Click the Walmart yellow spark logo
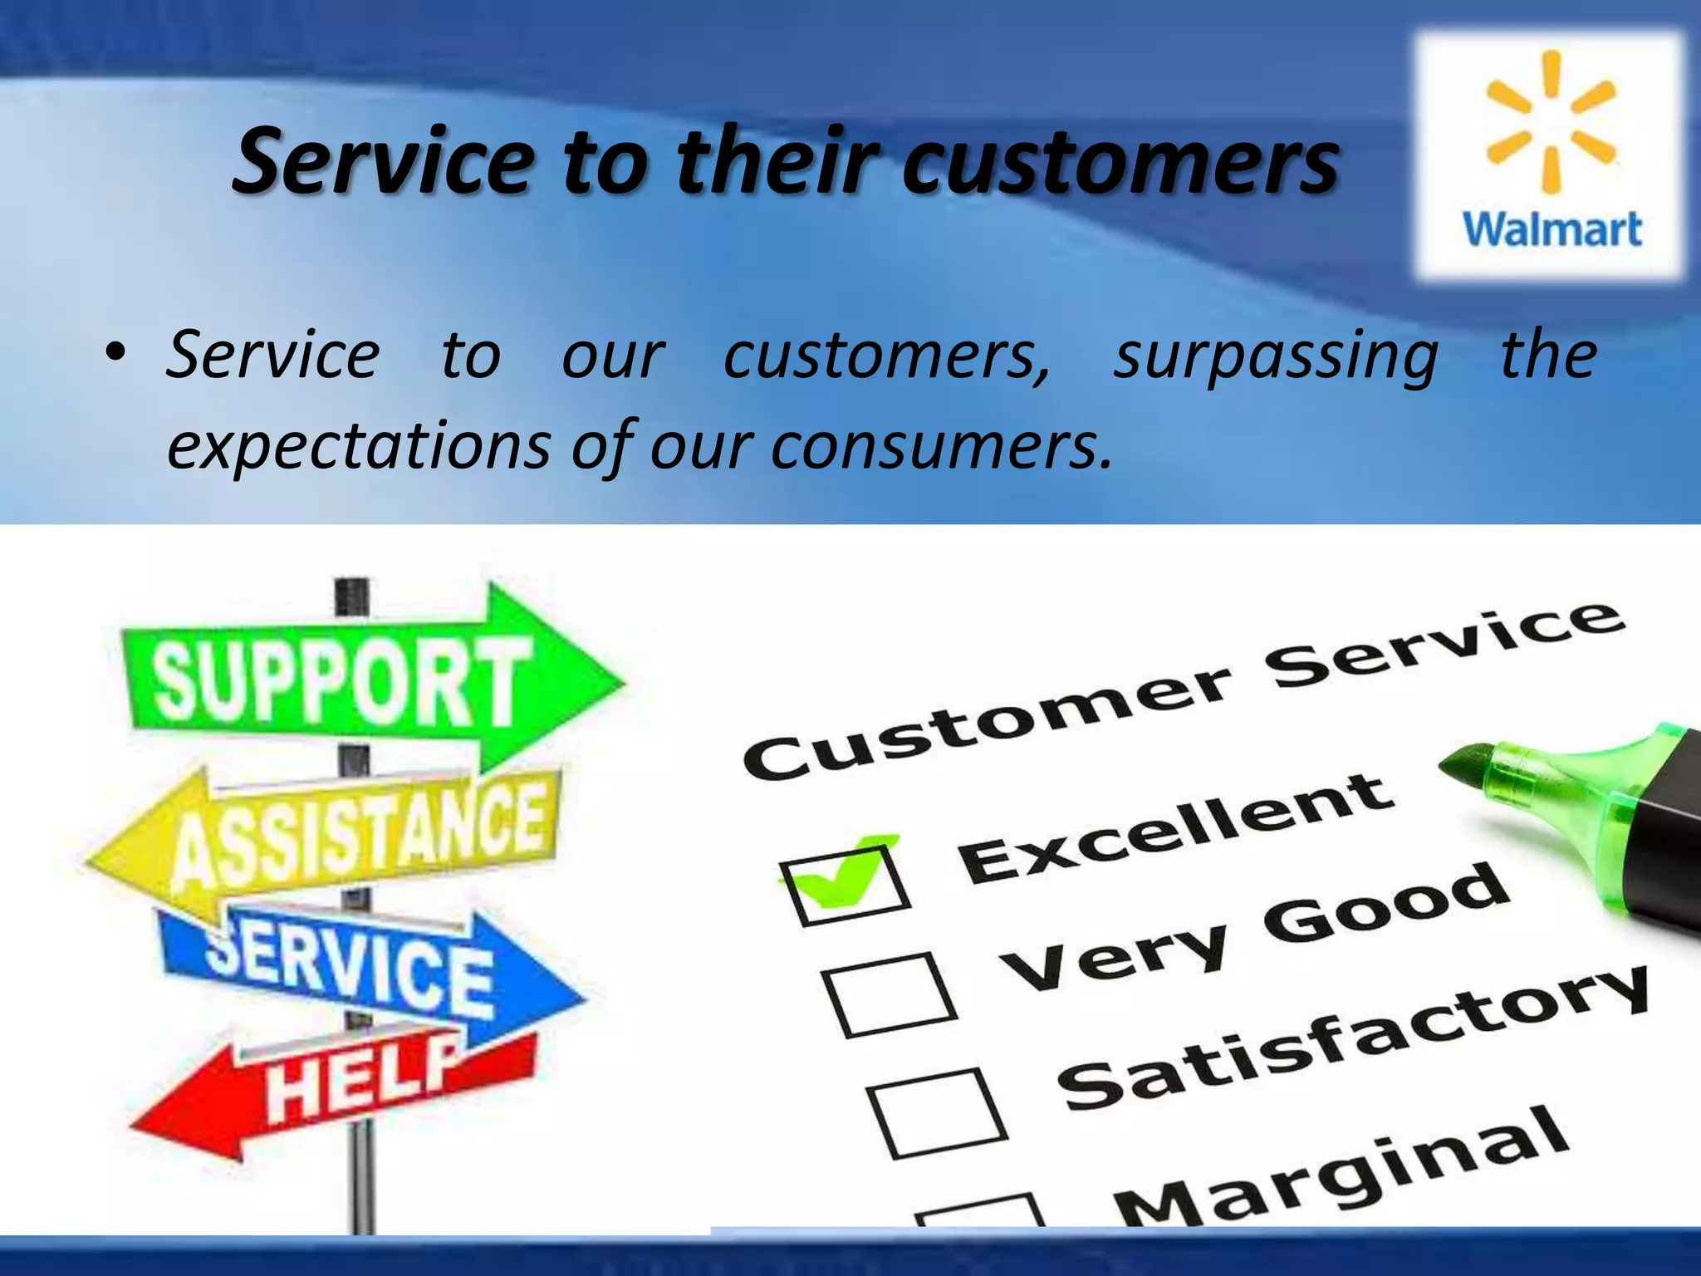click(1550, 121)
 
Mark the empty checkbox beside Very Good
click(889, 995)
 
